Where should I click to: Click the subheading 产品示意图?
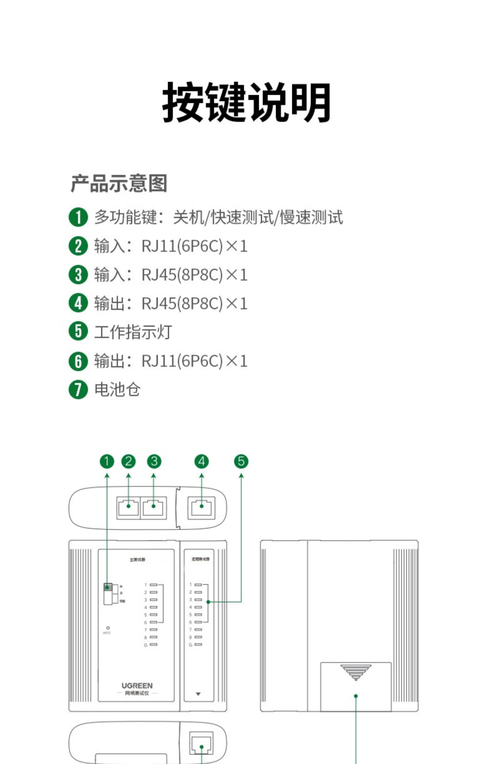(x=119, y=183)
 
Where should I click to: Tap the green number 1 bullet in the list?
(x=78, y=217)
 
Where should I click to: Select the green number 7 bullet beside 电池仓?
(x=78, y=390)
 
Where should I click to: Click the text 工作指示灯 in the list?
(x=133, y=332)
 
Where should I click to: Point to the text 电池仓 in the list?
(x=117, y=390)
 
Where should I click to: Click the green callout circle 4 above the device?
(x=201, y=461)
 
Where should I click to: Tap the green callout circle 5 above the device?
(x=241, y=461)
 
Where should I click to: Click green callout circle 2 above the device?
(x=128, y=461)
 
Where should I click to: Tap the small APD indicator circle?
(x=108, y=628)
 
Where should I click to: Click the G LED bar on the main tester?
(x=153, y=645)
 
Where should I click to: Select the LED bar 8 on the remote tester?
(x=198, y=637)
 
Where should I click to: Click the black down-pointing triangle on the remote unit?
(x=198, y=694)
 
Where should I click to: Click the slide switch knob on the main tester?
(x=108, y=587)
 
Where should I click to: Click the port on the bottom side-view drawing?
(x=201, y=744)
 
